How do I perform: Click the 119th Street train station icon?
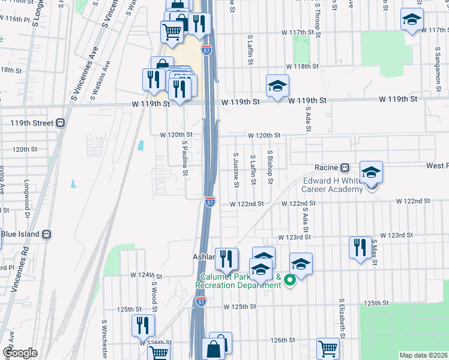point(60,123)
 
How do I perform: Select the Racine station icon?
point(345,167)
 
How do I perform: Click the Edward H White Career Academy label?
point(332,185)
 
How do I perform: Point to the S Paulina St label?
point(185,158)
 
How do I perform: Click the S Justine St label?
point(236,169)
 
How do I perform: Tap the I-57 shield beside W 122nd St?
point(209,202)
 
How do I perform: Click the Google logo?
point(20,353)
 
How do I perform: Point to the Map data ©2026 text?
point(423,355)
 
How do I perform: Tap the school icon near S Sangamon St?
point(412,20)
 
